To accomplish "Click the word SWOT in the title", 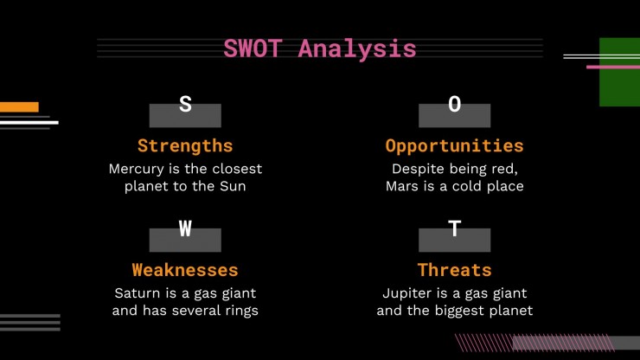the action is pyautogui.click(x=253, y=48).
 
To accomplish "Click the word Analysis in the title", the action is pyautogui.click(x=357, y=50).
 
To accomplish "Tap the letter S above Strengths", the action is pyautogui.click(x=185, y=104).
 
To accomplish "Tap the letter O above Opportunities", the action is pyautogui.click(x=455, y=104).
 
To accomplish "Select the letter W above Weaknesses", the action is pyautogui.click(x=185, y=228).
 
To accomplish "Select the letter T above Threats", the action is pyautogui.click(x=455, y=228).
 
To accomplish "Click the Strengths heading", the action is pyautogui.click(x=185, y=146).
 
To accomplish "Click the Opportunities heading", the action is pyautogui.click(x=455, y=147).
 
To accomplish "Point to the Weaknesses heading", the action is pyautogui.click(x=185, y=270).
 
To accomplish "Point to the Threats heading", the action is pyautogui.click(x=455, y=270).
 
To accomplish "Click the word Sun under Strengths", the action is pyautogui.click(x=233, y=186).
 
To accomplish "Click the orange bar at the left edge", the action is pyautogui.click(x=19, y=107).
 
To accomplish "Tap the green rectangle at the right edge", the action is pyautogui.click(x=619, y=72).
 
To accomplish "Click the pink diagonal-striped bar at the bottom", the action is pyautogui.click(x=534, y=343).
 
